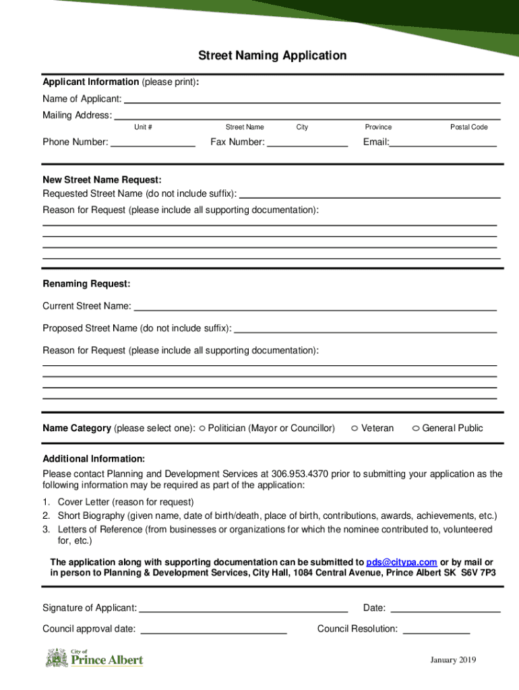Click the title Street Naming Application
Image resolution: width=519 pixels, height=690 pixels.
(x=272, y=55)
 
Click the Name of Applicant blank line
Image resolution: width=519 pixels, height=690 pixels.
(x=312, y=99)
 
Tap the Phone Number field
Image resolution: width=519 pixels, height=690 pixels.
(x=152, y=142)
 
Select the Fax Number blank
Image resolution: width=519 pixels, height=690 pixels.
(x=307, y=142)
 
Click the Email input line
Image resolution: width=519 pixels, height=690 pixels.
(x=444, y=142)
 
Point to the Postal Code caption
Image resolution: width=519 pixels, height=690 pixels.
(x=469, y=127)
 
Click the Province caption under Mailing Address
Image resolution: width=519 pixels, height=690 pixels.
(x=378, y=127)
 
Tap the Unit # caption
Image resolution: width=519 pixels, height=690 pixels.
(x=143, y=127)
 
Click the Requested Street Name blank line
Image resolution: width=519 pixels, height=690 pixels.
(x=370, y=194)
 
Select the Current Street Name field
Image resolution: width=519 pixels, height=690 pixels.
(x=315, y=307)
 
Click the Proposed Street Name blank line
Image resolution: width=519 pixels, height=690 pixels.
(x=365, y=329)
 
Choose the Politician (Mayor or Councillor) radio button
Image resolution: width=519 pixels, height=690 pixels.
(x=202, y=428)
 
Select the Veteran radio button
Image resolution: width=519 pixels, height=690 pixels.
(x=355, y=429)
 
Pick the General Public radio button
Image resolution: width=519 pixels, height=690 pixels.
(x=416, y=429)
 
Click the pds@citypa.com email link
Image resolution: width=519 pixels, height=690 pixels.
(x=402, y=562)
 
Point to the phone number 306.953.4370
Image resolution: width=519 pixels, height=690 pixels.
(x=300, y=474)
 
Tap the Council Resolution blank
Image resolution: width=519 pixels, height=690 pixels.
(x=436, y=630)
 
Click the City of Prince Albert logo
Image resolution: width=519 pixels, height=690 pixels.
(x=94, y=657)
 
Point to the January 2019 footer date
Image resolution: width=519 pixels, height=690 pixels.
(x=454, y=660)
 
